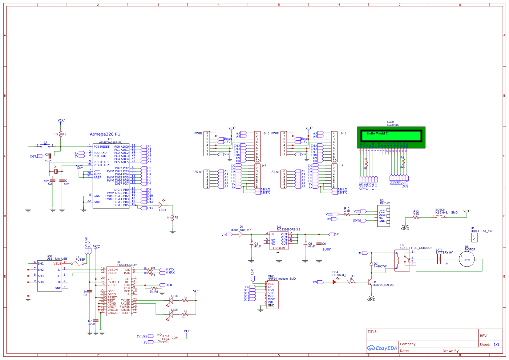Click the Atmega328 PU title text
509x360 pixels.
[x=105, y=134]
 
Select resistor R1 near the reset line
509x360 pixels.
[x=60, y=134]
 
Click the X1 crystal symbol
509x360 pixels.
[x=56, y=171]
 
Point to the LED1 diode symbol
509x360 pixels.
[x=161, y=205]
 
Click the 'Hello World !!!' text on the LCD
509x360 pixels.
[x=378, y=133]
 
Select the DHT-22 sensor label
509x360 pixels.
[x=385, y=203]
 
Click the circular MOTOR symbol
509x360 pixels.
[x=467, y=259]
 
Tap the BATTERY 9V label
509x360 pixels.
[x=444, y=253]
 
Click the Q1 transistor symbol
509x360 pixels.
[x=370, y=282]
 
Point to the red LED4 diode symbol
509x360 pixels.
[x=335, y=282]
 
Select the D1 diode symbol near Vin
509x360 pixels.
[x=240, y=234]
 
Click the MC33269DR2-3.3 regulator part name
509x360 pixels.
[x=289, y=230]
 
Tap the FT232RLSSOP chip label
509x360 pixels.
[x=127, y=265]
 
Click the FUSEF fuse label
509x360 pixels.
[x=80, y=260]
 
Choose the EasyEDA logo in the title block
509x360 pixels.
[x=382, y=348]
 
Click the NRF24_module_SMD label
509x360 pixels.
[x=281, y=279]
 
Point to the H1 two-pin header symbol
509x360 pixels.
[x=474, y=237]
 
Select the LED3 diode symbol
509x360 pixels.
[x=171, y=314]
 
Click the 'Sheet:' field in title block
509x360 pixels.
[x=485, y=345]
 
